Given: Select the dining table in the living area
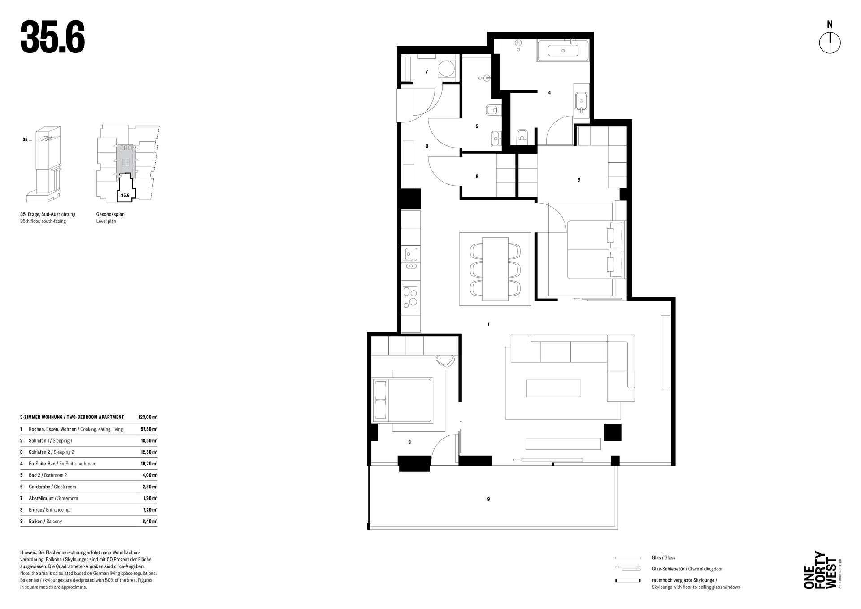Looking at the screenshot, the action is [495, 268].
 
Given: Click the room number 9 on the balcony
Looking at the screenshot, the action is [488, 499].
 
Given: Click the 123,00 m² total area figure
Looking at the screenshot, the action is [148, 417].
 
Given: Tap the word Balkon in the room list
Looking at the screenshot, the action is [36, 522].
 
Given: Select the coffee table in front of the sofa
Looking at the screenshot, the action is [553, 388].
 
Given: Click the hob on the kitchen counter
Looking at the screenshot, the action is [410, 297].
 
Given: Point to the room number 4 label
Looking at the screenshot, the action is [549, 93].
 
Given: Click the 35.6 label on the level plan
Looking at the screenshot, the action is [125, 196].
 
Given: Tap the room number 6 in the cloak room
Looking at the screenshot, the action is [477, 177].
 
